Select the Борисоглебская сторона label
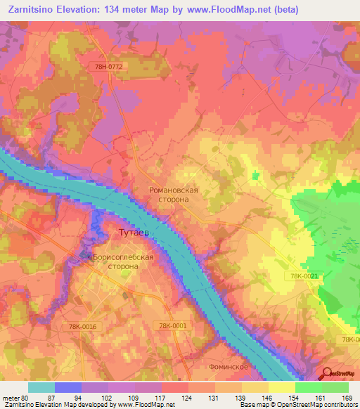(122, 262)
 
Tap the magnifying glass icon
(328, 373)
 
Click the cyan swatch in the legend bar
(41, 387)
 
